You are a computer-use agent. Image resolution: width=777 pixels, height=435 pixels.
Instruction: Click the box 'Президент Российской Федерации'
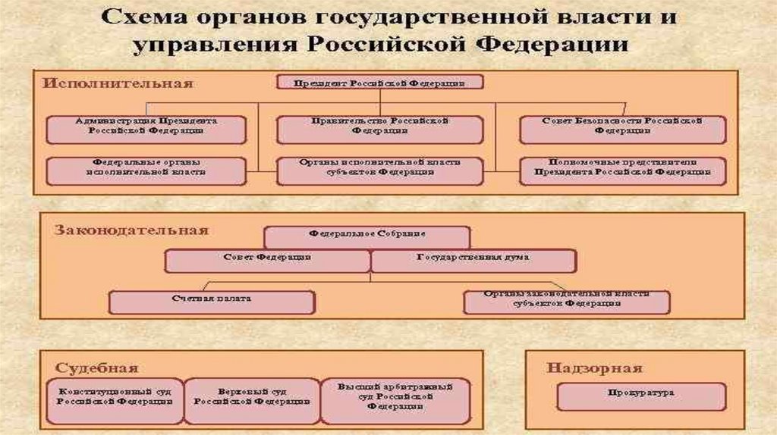coord(379,83)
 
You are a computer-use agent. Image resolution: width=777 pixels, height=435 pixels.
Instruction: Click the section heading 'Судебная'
coord(96,368)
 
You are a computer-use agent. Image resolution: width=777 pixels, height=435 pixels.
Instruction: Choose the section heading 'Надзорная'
coord(594,368)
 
